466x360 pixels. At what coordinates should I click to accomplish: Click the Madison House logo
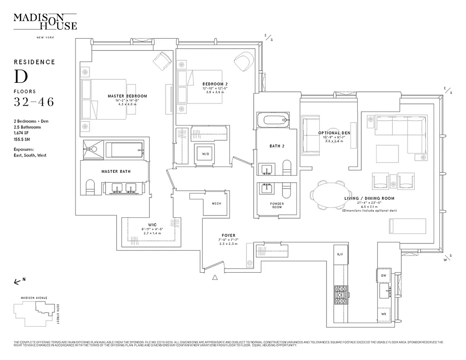[45, 21]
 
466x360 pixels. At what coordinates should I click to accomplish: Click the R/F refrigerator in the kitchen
[340, 255]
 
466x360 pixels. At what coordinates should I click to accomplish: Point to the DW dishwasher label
[384, 275]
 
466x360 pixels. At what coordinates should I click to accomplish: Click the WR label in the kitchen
[384, 314]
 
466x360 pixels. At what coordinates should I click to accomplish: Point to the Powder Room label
[277, 205]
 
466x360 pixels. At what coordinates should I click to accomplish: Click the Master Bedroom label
[127, 96]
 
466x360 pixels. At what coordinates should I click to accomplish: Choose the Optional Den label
[334, 133]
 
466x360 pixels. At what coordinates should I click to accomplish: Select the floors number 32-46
[34, 102]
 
